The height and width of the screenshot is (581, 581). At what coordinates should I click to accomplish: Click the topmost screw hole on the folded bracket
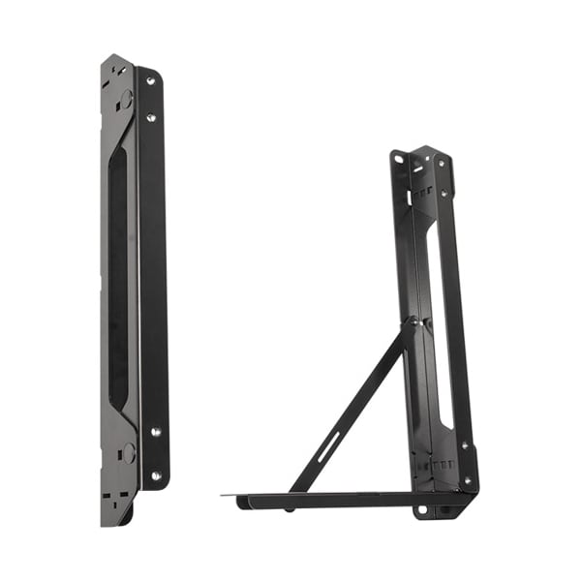tap(150, 81)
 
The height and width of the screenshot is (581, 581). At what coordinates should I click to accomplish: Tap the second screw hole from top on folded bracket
tap(150, 118)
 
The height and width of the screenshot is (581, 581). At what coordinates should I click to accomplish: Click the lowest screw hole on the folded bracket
tap(154, 474)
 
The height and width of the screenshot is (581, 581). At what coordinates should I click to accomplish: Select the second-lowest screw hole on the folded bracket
tap(154, 433)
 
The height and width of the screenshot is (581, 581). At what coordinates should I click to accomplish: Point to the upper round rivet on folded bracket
tap(126, 98)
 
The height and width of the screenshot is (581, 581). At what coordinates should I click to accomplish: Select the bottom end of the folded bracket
tap(118, 518)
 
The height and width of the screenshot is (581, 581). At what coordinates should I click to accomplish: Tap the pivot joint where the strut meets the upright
tap(411, 321)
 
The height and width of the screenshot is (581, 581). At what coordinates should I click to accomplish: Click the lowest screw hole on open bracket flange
tap(467, 477)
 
